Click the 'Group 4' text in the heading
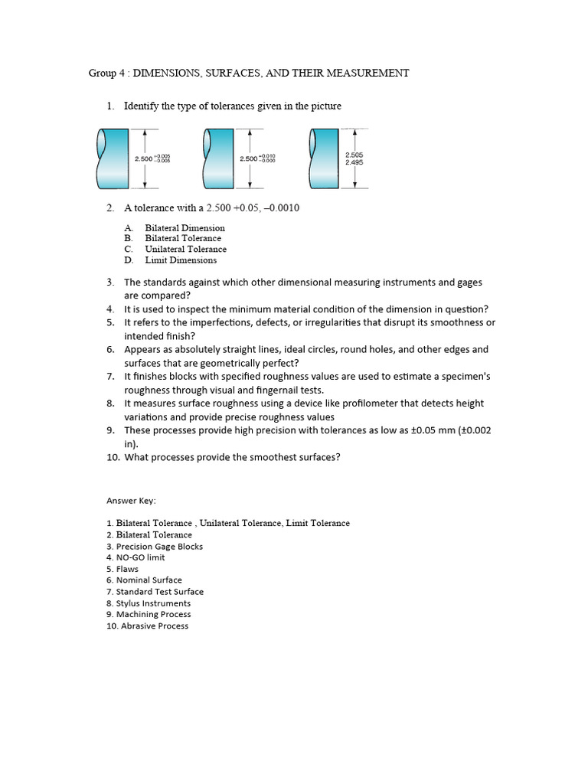click(x=106, y=73)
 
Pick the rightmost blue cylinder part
click(x=323, y=158)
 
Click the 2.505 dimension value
click(x=354, y=155)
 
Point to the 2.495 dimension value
click(x=354, y=162)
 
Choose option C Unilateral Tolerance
click(x=185, y=249)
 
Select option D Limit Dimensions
click(x=181, y=260)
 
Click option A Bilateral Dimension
click(x=185, y=227)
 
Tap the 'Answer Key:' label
click(x=131, y=501)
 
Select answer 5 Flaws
click(x=127, y=569)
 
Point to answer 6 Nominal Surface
click(x=149, y=580)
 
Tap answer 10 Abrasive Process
click(x=152, y=626)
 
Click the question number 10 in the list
click(x=111, y=458)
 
